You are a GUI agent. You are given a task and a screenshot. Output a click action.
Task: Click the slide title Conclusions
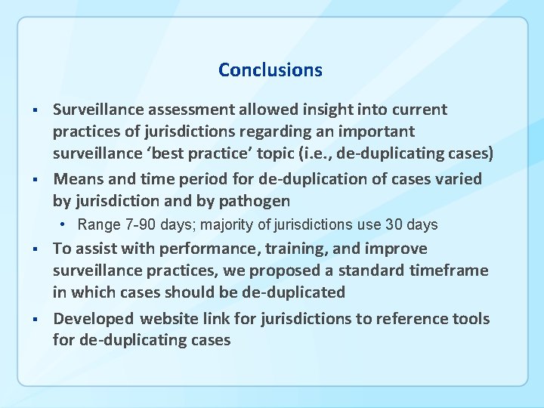pos(270,70)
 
